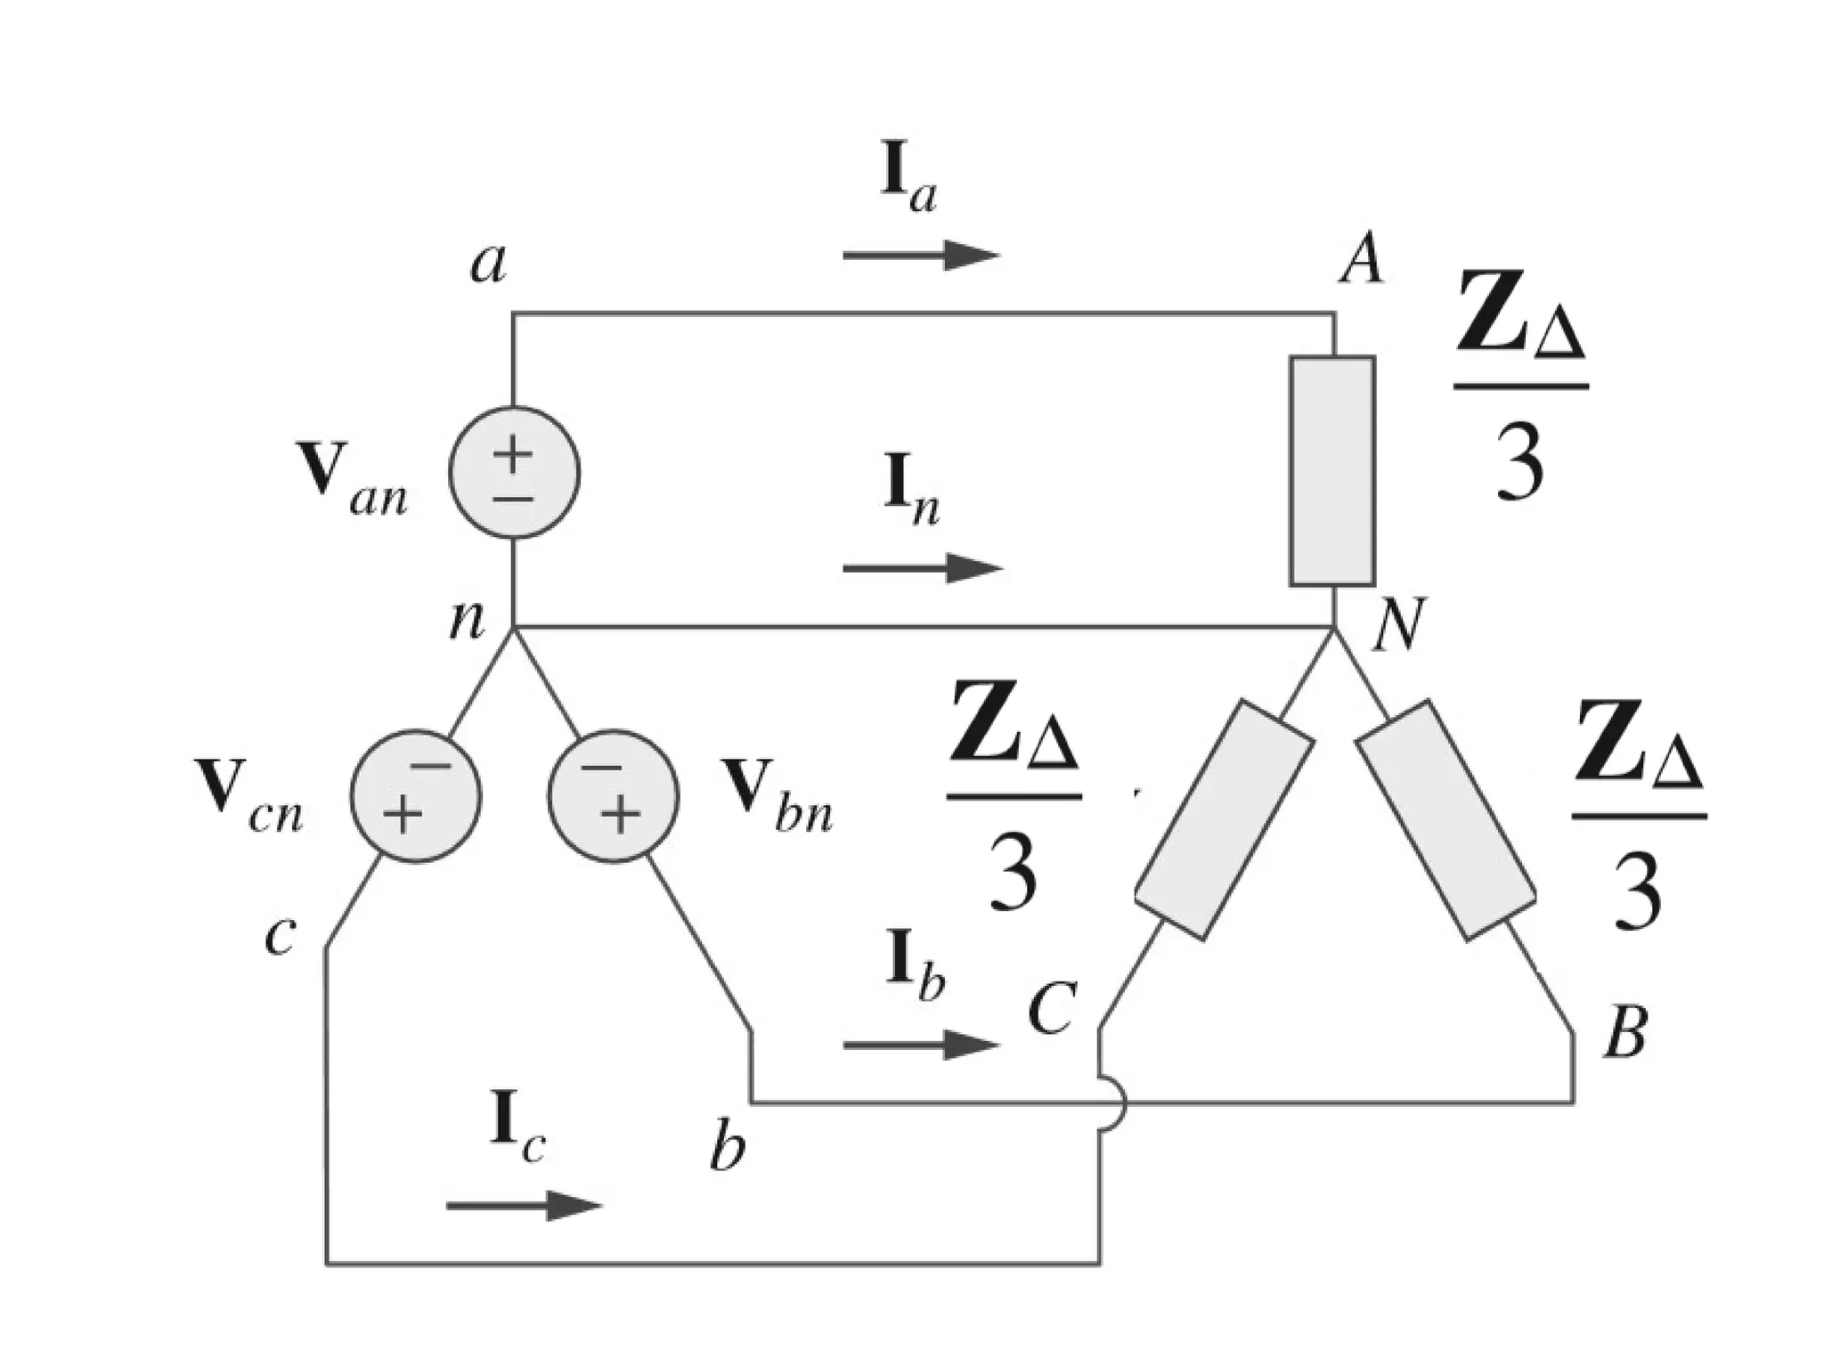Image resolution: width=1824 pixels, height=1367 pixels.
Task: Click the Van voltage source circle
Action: point(514,473)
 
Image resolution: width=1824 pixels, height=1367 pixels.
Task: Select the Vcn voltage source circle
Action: point(415,796)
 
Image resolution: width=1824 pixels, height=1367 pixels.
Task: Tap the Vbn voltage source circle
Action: point(614,796)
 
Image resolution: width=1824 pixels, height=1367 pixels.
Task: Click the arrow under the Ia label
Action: point(921,256)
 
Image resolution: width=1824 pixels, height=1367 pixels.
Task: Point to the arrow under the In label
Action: point(921,567)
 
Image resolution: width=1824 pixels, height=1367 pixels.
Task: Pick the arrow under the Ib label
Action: point(921,1044)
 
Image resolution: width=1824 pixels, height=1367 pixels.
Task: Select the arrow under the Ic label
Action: point(524,1206)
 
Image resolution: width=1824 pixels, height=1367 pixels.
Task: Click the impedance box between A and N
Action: point(1332,471)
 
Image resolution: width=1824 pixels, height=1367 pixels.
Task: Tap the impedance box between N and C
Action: point(1224,819)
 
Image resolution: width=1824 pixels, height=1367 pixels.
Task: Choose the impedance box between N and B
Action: point(1445,819)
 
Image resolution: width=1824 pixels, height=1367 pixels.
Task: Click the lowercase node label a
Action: point(488,263)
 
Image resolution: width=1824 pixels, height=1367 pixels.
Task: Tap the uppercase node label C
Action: point(1052,1009)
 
